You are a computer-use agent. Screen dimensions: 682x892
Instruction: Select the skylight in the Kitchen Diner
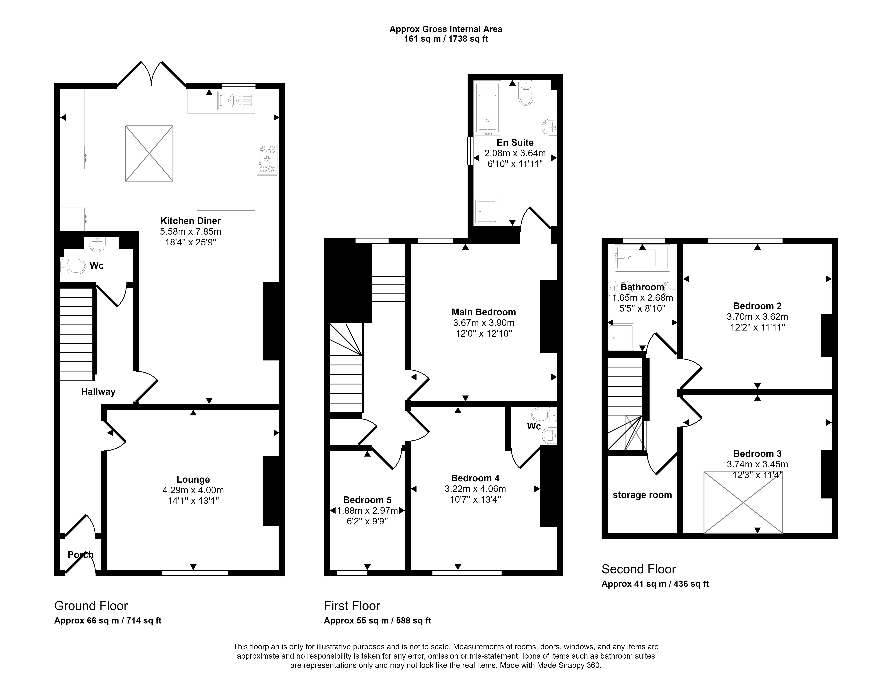149,153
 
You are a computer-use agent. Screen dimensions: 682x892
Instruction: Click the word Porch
80,555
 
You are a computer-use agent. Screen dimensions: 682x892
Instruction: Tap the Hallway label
98,392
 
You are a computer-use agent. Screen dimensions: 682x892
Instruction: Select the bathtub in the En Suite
487,108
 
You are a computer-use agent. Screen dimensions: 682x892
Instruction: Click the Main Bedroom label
484,312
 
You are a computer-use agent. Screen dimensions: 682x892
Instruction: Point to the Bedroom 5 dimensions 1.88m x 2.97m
367,511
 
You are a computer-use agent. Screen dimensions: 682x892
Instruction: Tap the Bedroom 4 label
475,478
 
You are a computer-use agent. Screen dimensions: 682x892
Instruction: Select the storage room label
642,495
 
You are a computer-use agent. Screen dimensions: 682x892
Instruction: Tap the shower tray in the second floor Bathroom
620,337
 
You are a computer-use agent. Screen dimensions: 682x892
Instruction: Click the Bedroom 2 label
757,306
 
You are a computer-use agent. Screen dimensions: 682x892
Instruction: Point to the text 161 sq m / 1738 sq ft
446,39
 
